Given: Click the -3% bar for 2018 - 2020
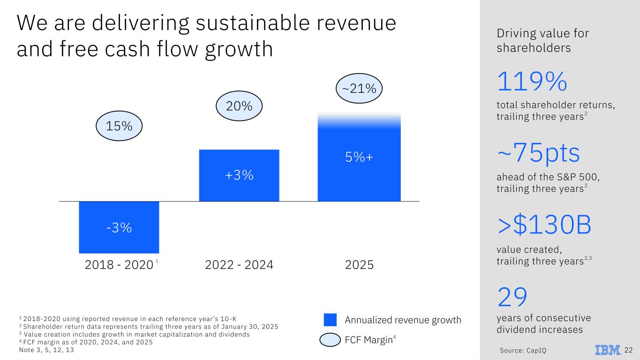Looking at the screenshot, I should (119, 227).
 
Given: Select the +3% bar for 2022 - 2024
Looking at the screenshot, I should (239, 175).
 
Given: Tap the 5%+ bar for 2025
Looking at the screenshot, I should (359, 157).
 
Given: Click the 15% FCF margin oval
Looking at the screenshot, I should (119, 126).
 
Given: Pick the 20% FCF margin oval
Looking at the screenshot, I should (239, 106).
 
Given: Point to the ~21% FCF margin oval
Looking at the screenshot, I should (360, 88).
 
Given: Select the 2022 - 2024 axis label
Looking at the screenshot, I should (239, 265).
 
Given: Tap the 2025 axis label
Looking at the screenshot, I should (359, 265).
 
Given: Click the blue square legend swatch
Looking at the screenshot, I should (330, 320).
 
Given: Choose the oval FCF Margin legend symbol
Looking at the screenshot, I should (330, 340).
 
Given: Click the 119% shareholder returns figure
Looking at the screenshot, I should (532, 82).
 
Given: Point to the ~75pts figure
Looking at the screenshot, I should (538, 154).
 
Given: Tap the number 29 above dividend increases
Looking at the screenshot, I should (512, 297).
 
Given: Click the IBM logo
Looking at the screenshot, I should (608, 350).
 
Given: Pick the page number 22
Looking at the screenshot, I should (629, 350).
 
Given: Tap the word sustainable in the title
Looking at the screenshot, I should (218, 23).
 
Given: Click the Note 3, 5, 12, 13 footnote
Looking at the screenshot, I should (46, 350).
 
